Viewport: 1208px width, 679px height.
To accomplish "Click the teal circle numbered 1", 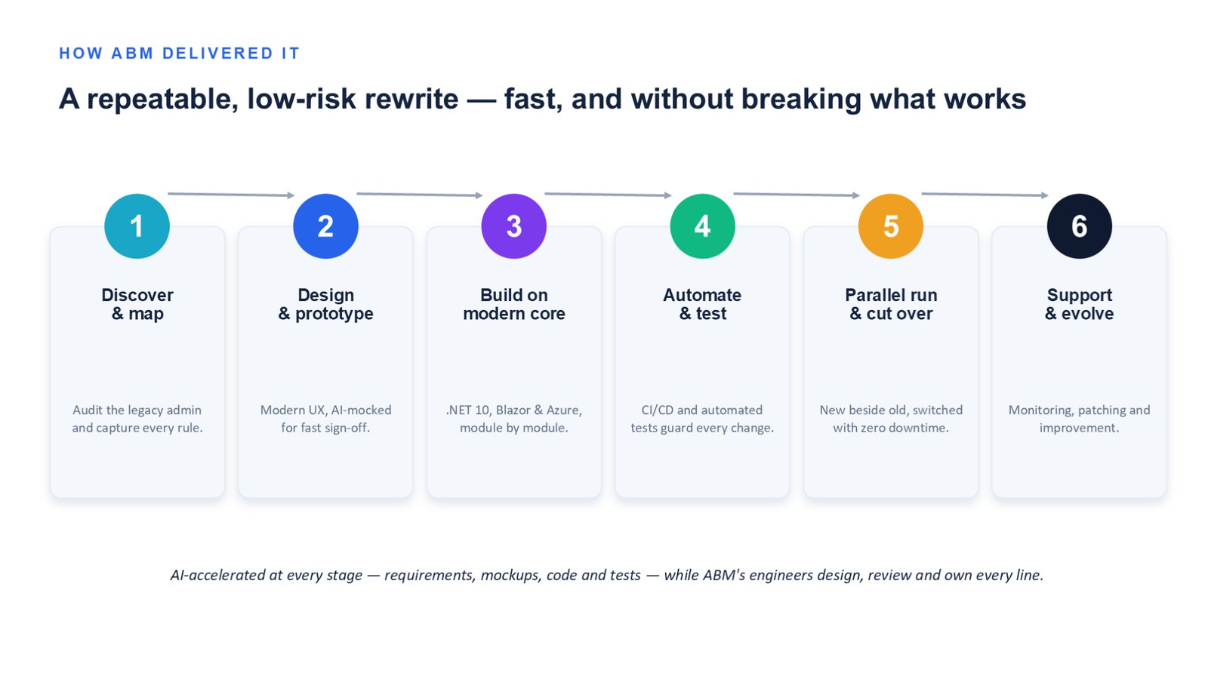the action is point(137,226).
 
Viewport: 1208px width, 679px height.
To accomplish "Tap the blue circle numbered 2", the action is point(325,226).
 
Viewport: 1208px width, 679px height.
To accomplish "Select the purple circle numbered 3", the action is point(514,226).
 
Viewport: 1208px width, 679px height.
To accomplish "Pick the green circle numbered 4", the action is point(703,226).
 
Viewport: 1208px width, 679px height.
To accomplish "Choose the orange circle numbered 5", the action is point(891,226).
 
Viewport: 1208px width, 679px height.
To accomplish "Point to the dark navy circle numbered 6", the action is point(1080,226).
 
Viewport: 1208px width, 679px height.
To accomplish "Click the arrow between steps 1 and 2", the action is point(231,194).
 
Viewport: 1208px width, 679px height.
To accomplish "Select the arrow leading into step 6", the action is point(985,194).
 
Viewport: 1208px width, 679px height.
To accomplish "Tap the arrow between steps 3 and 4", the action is point(609,194).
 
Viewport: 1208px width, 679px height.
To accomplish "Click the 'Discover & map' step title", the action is point(137,305).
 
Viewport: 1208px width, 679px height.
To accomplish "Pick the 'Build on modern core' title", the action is point(514,305).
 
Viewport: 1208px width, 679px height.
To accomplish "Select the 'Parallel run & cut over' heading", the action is point(891,305).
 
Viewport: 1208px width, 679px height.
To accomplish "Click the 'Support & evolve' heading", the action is point(1079,305).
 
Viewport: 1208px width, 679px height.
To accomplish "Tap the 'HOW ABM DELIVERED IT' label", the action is point(179,54).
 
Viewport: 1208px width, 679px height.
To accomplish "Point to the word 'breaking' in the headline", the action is point(801,100).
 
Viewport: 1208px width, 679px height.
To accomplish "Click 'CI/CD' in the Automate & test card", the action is point(657,410).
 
